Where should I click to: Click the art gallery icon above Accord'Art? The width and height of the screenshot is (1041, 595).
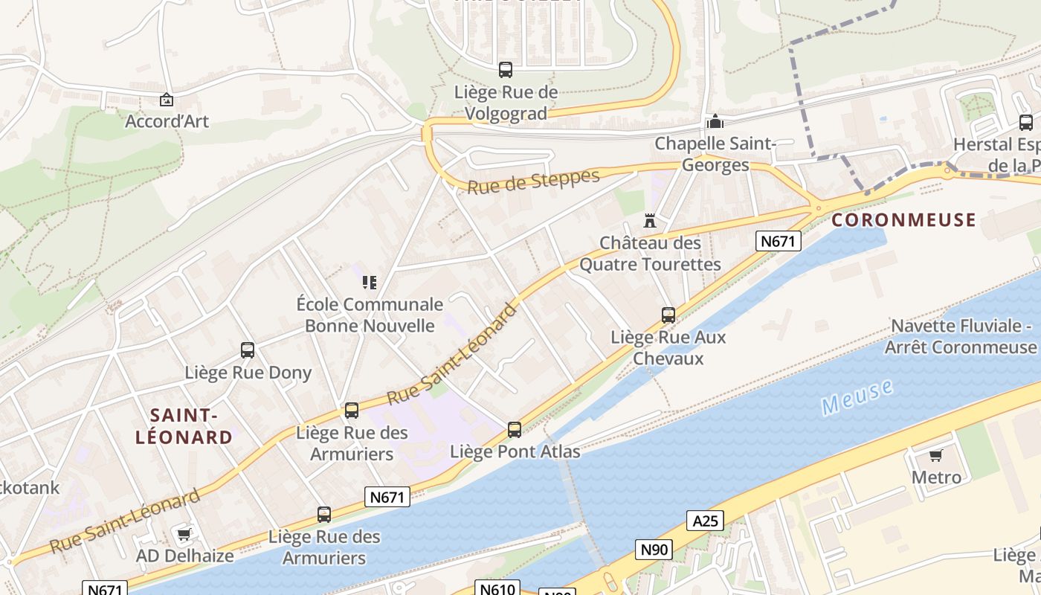[167, 100]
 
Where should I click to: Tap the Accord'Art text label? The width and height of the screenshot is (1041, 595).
[167, 121]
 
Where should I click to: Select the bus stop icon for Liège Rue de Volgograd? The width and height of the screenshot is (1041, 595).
[506, 70]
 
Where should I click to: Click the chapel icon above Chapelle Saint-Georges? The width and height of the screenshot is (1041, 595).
[715, 121]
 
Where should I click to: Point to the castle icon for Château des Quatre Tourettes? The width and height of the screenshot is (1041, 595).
[650, 221]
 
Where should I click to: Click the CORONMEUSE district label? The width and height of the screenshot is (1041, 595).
[903, 220]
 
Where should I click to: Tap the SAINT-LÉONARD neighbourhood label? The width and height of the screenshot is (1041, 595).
[184, 426]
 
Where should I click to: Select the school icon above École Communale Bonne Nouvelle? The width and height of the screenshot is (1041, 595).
[370, 282]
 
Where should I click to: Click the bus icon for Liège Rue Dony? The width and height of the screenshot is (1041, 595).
[248, 350]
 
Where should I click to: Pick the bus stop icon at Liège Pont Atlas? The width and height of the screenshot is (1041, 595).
[515, 429]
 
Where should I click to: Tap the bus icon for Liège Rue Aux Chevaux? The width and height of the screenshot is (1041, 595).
[668, 315]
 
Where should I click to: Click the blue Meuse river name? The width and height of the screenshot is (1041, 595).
[857, 397]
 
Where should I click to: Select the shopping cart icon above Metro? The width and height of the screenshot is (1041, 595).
[936, 455]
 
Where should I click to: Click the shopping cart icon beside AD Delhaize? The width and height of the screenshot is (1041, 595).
[184, 534]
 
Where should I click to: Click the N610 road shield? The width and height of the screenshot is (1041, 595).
[497, 589]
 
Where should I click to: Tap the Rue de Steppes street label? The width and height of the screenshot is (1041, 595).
[533, 181]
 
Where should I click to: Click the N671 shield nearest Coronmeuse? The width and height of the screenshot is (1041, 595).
[779, 241]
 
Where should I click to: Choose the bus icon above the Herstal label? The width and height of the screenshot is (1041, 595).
[1026, 123]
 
